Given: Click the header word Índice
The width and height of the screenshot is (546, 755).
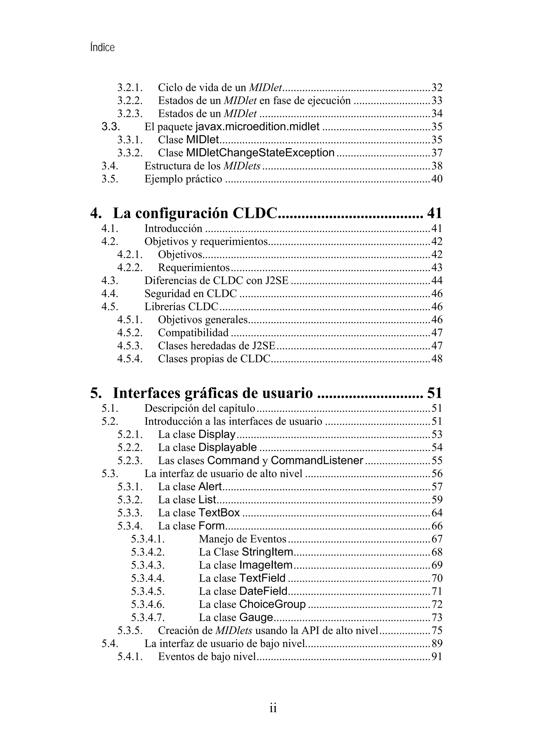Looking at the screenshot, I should click(102, 47).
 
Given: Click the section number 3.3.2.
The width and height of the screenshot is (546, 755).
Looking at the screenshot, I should click(130, 153).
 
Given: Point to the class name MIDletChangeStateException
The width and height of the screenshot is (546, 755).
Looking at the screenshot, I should click(260, 153).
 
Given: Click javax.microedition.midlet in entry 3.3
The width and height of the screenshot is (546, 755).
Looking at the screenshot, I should click(257, 126).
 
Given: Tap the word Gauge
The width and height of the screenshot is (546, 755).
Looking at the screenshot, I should click(256, 617).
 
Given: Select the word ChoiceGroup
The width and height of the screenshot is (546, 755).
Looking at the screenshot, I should click(272, 604).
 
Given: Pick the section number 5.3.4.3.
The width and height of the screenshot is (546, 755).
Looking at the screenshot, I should click(148, 565).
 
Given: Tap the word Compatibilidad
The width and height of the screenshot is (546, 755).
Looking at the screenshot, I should click(193, 333).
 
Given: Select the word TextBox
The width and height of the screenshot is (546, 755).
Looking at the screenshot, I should click(219, 513).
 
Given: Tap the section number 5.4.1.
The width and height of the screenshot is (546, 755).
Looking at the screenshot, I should click(130, 657).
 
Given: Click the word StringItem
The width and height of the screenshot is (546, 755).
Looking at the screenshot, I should click(267, 552).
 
